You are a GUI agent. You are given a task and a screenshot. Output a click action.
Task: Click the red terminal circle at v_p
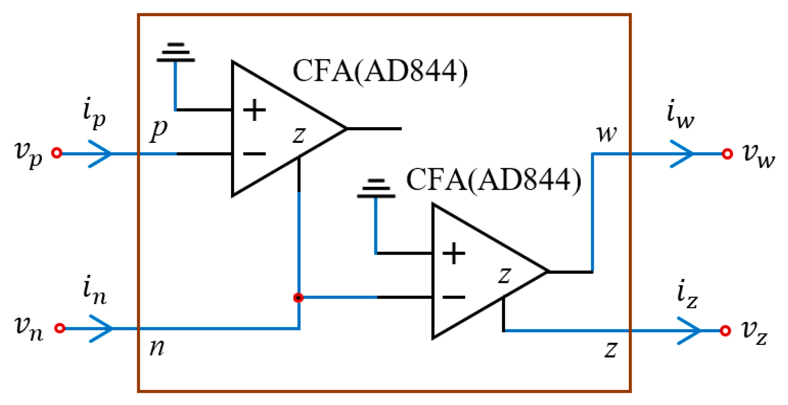[57, 153]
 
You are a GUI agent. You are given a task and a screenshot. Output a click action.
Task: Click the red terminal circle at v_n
[60, 328]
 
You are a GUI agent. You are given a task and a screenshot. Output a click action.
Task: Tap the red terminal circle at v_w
[727, 154]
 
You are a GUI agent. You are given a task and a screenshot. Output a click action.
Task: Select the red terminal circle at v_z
[725, 331]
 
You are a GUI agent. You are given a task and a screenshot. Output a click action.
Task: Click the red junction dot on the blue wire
[298, 297]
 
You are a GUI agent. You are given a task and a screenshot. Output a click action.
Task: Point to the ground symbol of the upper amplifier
[175, 52]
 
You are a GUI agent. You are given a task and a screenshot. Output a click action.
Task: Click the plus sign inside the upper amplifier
[254, 110]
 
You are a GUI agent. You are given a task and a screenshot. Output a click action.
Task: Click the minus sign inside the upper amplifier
[254, 154]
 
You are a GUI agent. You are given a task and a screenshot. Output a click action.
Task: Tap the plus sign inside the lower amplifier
[453, 253]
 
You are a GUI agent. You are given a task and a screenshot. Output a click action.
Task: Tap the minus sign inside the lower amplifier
[453, 297]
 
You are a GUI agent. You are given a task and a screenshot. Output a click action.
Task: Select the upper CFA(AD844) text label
[380, 71]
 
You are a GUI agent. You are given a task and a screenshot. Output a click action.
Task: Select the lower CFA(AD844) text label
[493, 180]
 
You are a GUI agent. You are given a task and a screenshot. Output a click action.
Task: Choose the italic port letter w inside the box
[606, 134]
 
